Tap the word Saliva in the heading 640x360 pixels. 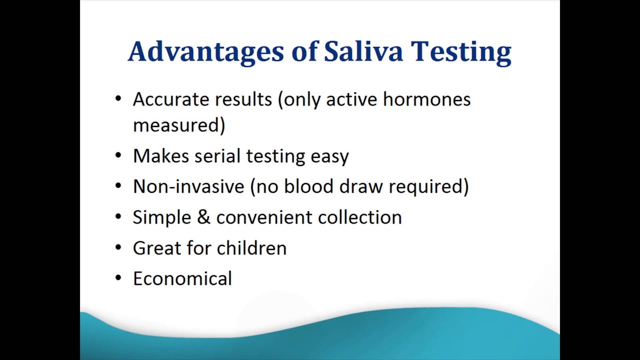click(x=363, y=51)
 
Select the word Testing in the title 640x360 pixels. click(x=461, y=52)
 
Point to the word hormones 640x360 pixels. click(x=426, y=99)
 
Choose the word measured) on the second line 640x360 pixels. click(x=179, y=125)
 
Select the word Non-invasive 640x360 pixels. click(x=188, y=186)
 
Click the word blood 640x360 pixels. click(x=309, y=186)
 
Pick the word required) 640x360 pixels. click(x=428, y=187)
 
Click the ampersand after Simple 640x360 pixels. click(x=203, y=217)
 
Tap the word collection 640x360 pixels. click(x=359, y=217)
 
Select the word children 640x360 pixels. click(x=251, y=247)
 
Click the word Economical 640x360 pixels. click(x=182, y=278)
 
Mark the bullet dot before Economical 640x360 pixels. click(x=118, y=277)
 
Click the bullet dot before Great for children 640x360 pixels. click(x=118, y=247)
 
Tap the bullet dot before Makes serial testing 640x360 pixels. click(x=118, y=155)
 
